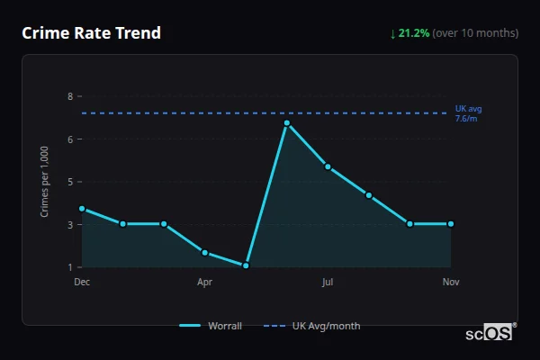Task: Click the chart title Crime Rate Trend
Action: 92,33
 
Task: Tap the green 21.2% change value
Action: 414,33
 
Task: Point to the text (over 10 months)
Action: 475,33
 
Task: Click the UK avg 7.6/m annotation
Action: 468,113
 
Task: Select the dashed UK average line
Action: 270,113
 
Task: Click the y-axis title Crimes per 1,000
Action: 45,182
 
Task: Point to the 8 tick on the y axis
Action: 70,96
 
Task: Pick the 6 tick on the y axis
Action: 70,139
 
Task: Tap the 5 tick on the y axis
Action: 70,182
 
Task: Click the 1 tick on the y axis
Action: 70,267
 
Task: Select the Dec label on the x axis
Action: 82,282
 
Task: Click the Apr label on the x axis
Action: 204,282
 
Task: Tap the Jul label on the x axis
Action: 328,282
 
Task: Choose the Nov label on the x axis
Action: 451,282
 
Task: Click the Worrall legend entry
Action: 211,326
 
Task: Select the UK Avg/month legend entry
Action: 312,326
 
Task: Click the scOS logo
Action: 490,333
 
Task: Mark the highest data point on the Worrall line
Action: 287,122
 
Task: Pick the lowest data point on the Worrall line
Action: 246,265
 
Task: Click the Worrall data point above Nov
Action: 451,223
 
